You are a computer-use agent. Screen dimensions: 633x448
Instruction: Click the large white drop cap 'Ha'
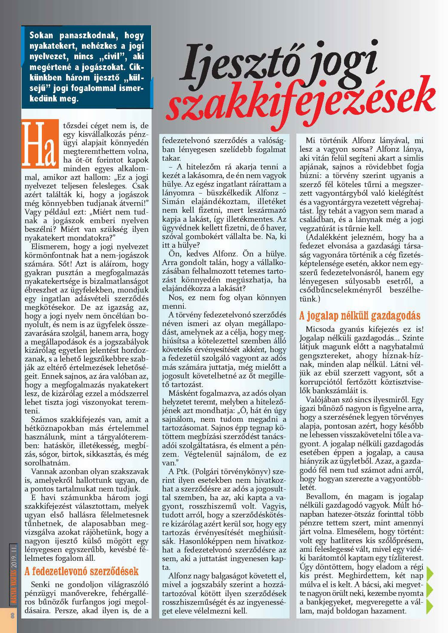click(40, 144)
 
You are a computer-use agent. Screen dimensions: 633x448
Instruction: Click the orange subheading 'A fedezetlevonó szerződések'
click(82, 571)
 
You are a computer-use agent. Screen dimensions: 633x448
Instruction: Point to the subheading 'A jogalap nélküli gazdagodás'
click(360, 316)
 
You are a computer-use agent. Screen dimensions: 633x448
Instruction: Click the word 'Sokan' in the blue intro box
click(41, 36)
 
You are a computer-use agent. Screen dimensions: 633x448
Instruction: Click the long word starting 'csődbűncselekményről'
click(340, 291)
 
